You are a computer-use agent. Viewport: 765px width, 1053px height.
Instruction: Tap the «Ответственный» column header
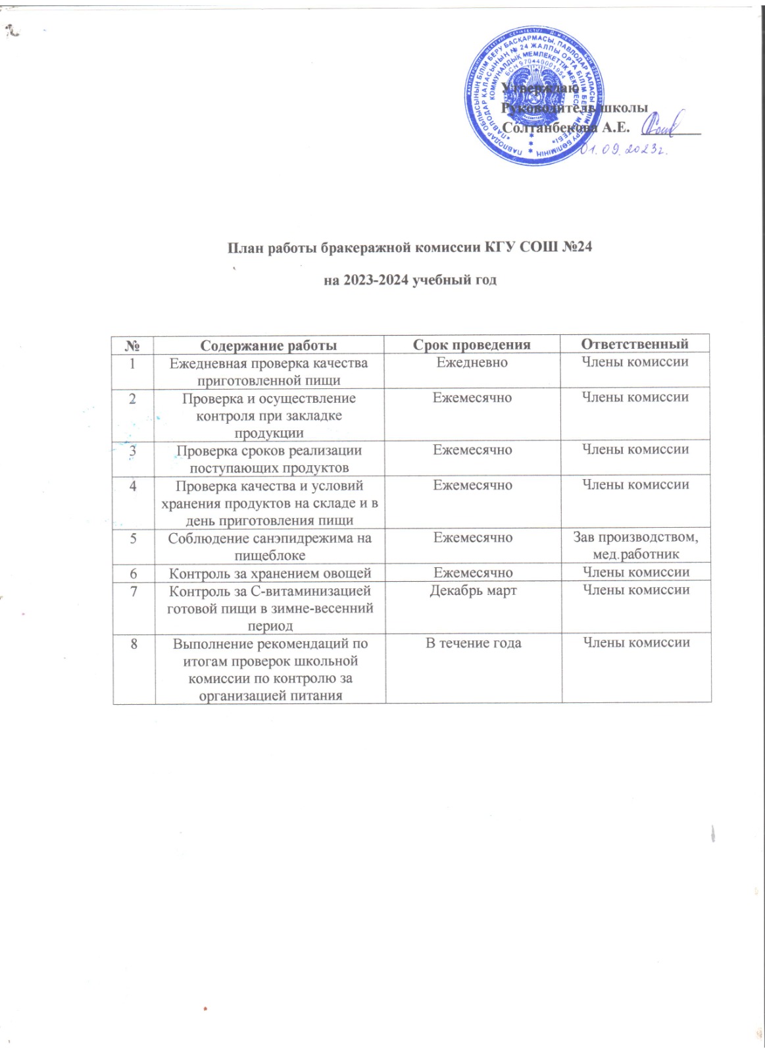tap(635, 344)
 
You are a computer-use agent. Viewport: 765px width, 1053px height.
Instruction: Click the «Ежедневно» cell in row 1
tap(472, 363)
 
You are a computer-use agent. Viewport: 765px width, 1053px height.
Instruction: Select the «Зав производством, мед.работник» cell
tap(635, 546)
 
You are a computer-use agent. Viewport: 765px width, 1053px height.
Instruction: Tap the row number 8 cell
tap(134, 644)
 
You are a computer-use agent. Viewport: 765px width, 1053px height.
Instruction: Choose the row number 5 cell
tap(134, 538)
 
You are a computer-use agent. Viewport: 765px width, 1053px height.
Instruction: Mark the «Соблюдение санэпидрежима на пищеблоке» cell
tap(270, 546)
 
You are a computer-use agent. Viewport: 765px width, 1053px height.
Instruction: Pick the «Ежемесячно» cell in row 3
tap(472, 450)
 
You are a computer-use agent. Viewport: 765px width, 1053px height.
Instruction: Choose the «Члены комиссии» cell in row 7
tap(635, 590)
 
